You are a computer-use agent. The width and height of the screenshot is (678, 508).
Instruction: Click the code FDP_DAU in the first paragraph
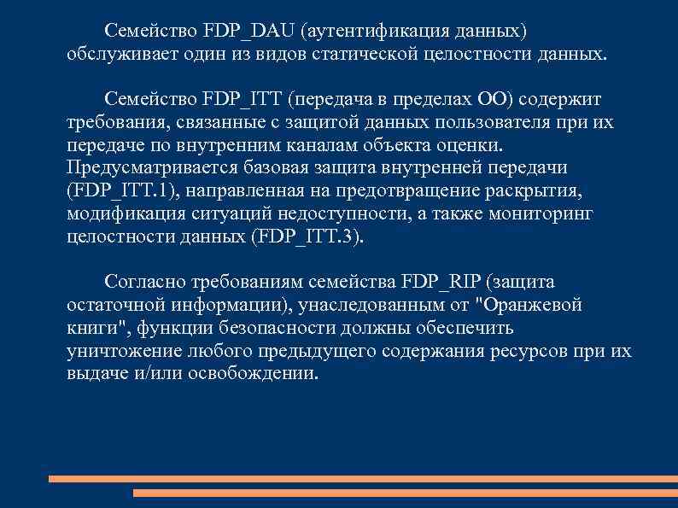pyautogui.click(x=247, y=32)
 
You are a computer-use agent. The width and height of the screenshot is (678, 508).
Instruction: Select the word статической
pyautogui.click(x=412, y=55)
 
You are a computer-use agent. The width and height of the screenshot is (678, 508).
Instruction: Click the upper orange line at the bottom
pyautogui.click(x=362, y=479)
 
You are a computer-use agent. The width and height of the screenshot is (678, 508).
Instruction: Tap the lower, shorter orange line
pyautogui.click(x=405, y=493)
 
